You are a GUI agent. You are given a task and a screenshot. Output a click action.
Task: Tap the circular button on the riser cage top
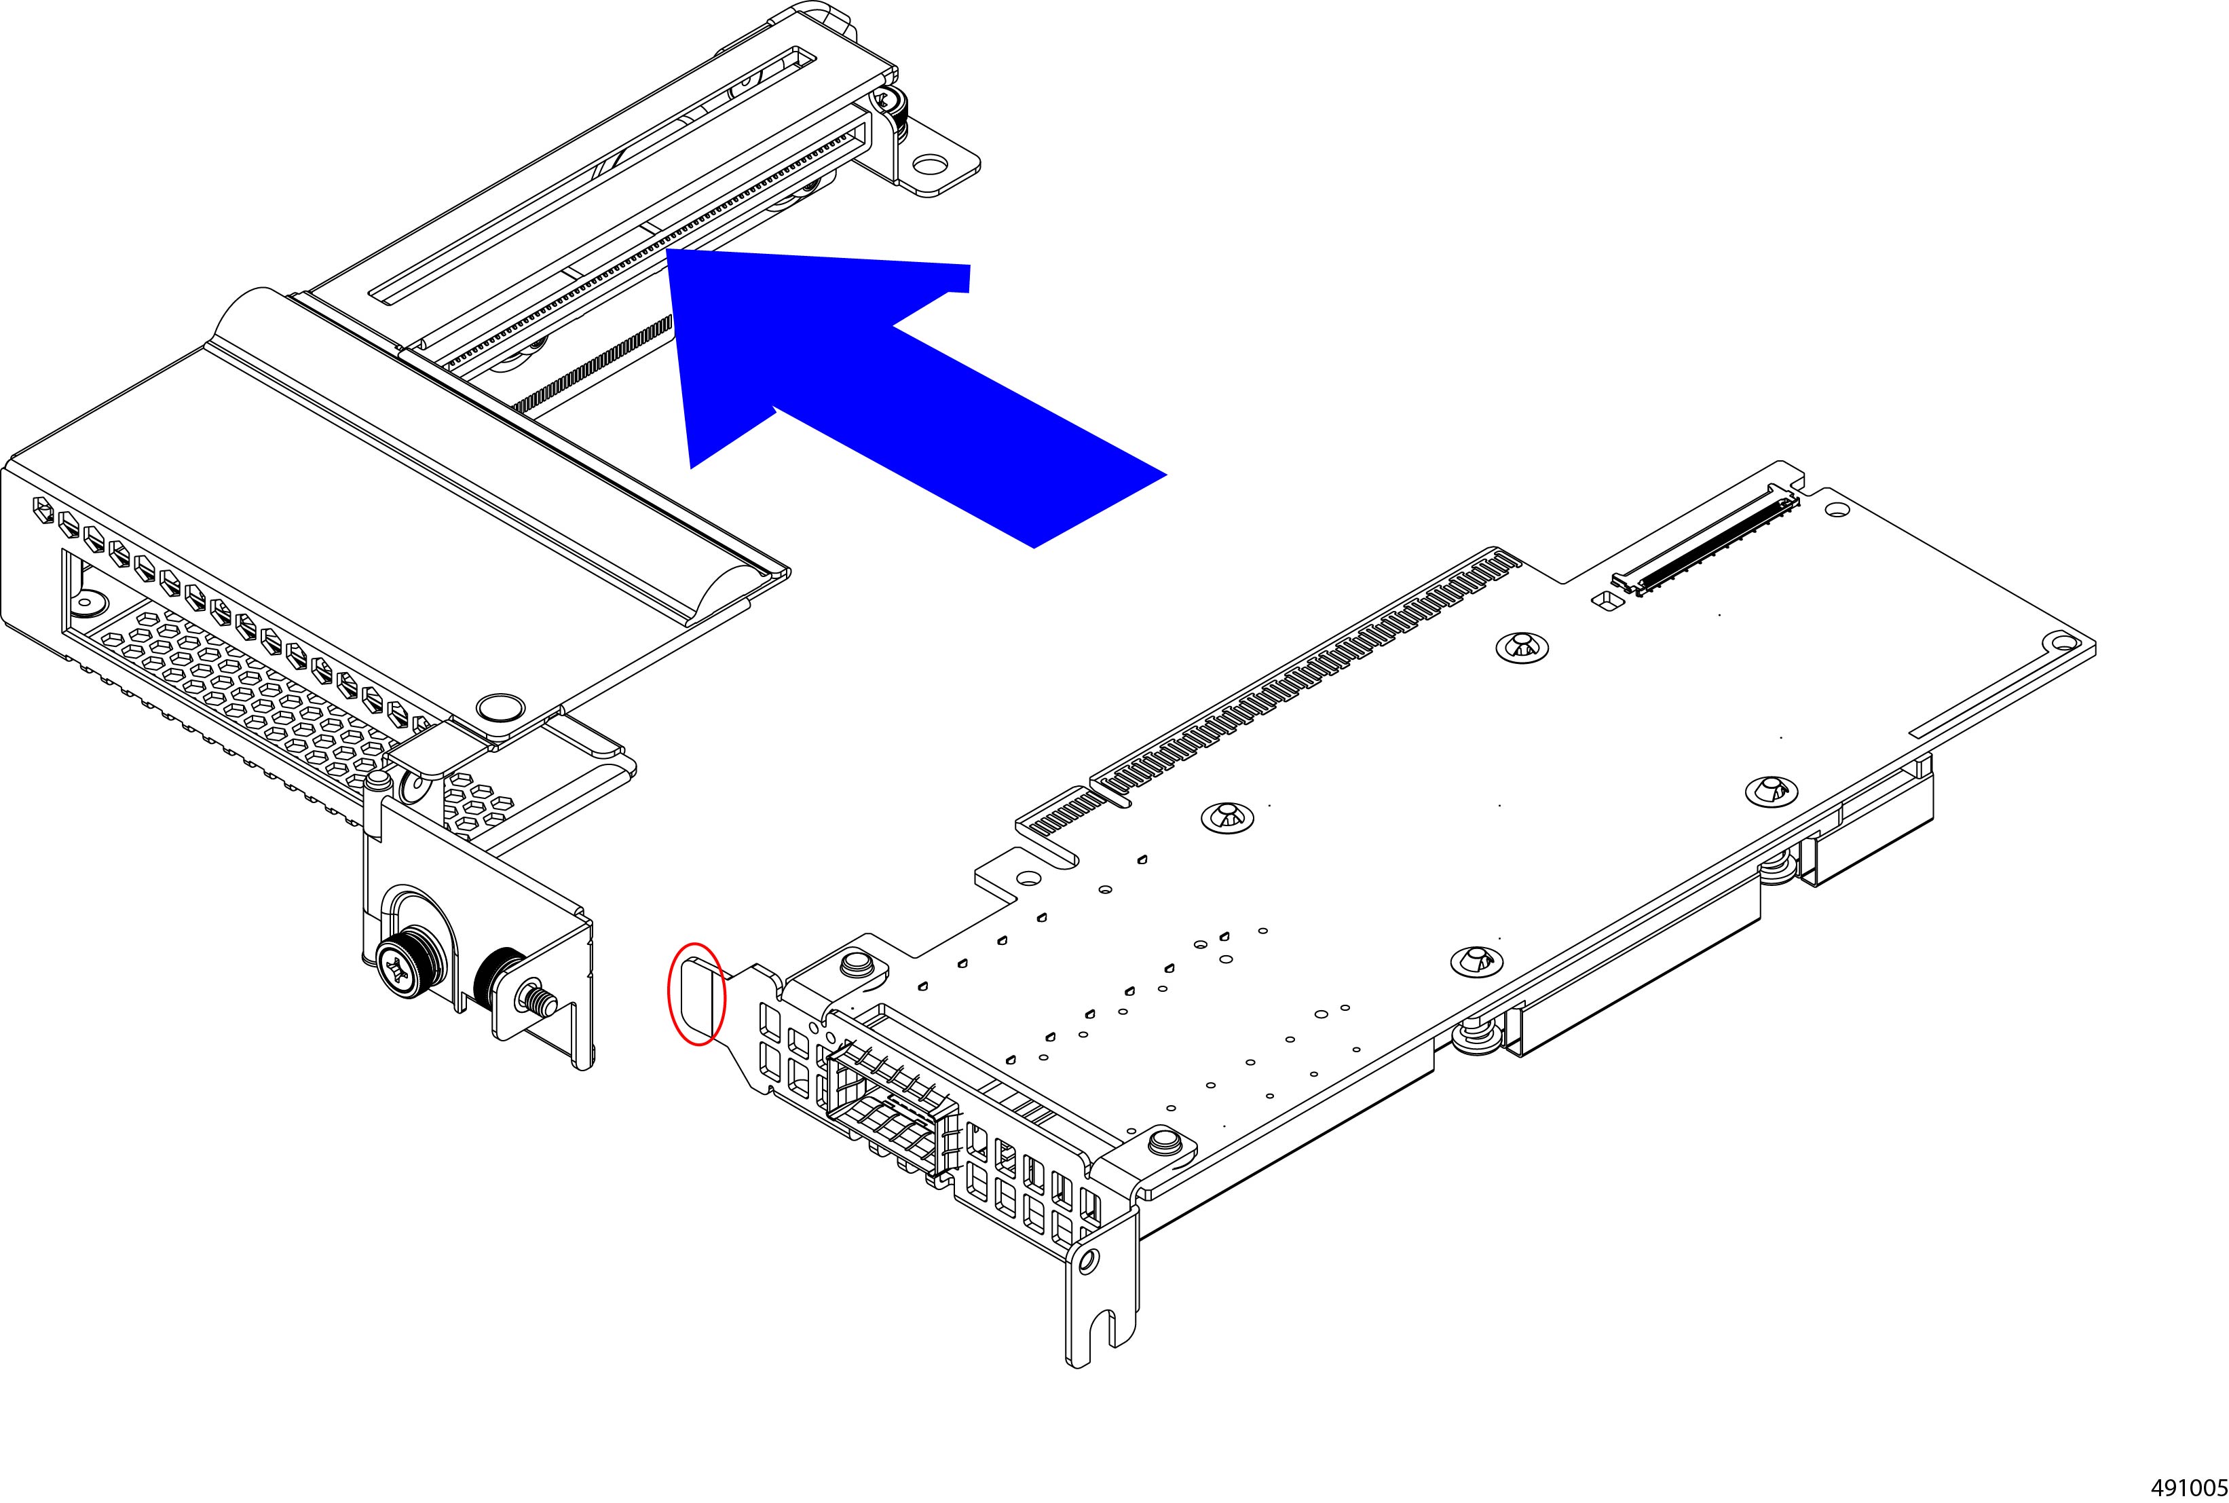500,708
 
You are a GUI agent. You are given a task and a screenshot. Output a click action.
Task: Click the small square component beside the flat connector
1603,600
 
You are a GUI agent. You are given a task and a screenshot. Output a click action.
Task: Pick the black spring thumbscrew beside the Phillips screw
498,980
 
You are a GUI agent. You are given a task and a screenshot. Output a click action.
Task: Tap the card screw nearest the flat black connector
1522,648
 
